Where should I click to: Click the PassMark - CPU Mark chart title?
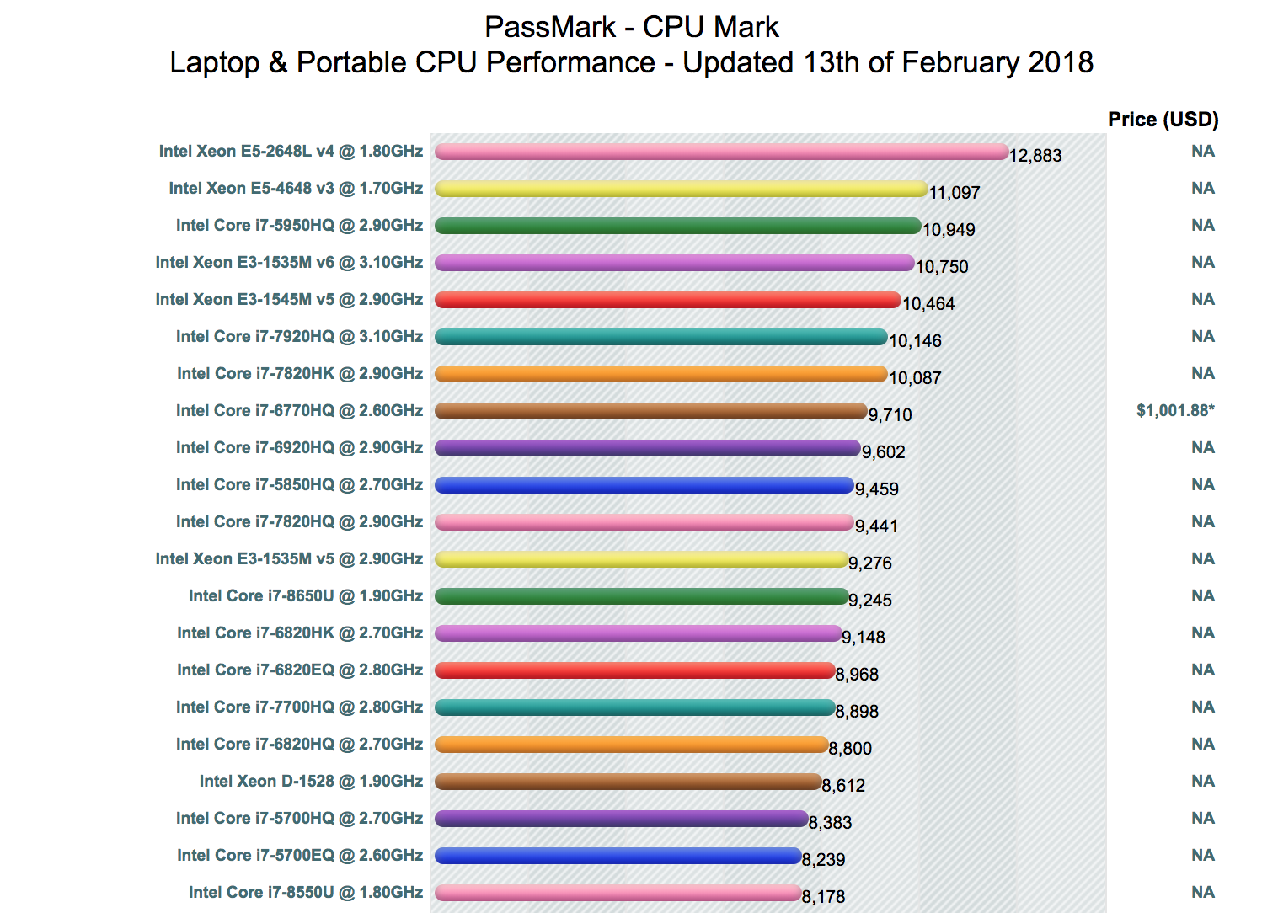[x=631, y=27]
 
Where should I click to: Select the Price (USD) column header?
[x=1163, y=120]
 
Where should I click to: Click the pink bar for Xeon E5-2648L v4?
[x=721, y=152]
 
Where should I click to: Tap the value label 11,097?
[x=955, y=193]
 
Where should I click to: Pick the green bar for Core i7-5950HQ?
[x=677, y=226]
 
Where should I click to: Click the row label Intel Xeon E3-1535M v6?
[x=289, y=263]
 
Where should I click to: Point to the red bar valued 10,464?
[x=667, y=300]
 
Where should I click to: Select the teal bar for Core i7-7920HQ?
[x=660, y=337]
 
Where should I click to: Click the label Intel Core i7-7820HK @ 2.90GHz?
[x=300, y=374]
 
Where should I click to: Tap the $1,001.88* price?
[x=1175, y=411]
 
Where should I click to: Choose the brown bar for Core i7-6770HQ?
[x=650, y=411]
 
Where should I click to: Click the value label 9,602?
[x=883, y=452]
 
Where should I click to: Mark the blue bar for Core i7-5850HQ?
[x=644, y=485]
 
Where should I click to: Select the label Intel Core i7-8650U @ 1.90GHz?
[x=306, y=596]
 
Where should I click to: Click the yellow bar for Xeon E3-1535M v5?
[x=641, y=559]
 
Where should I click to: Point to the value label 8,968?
[x=857, y=675]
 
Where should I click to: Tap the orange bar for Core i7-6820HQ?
[x=631, y=745]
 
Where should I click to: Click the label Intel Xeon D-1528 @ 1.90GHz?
[x=311, y=782]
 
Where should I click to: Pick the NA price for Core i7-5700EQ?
[x=1203, y=856]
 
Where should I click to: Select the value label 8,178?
[x=823, y=897]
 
